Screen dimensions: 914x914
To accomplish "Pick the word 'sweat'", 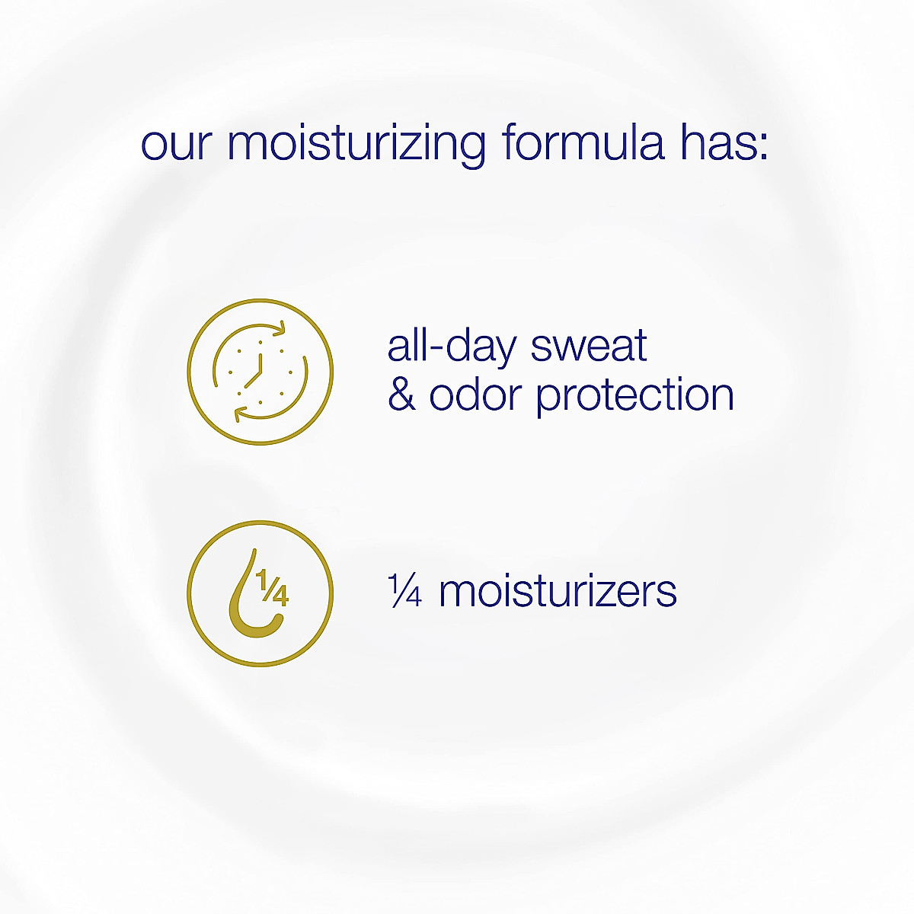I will coord(588,346).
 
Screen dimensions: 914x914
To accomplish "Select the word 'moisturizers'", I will coord(558,591).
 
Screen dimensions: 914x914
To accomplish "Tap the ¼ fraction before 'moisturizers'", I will coord(404,591).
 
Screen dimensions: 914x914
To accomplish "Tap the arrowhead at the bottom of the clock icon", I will coord(239,414).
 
